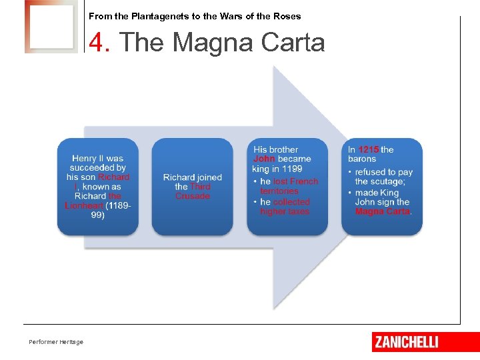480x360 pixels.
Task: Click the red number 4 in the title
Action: coord(98,43)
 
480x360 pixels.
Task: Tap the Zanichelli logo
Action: coord(407,342)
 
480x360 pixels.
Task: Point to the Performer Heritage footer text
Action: coord(56,342)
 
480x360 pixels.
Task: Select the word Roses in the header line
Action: coord(288,16)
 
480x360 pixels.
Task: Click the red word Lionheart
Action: coord(83,206)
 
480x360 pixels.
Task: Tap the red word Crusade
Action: coord(193,196)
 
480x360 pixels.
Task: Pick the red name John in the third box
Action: coord(264,159)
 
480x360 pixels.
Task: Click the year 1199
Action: coord(292,169)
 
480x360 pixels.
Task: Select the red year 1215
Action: coord(369,149)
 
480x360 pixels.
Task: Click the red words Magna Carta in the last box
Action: coord(383,211)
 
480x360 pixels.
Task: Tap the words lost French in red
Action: coord(295,181)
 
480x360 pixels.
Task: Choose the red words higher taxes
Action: coord(285,211)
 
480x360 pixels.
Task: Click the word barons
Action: coord(362,159)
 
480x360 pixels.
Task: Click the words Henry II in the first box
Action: coord(87,159)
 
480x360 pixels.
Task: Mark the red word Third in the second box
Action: coord(200,187)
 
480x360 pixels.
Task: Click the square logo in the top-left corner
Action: coord(51,27)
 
